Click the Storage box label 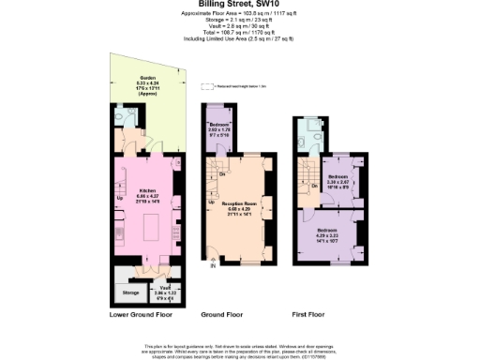130,292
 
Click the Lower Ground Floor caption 142,316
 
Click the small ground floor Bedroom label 219,129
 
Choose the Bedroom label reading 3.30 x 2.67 337,179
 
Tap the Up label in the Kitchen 119,198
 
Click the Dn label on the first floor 314,186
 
